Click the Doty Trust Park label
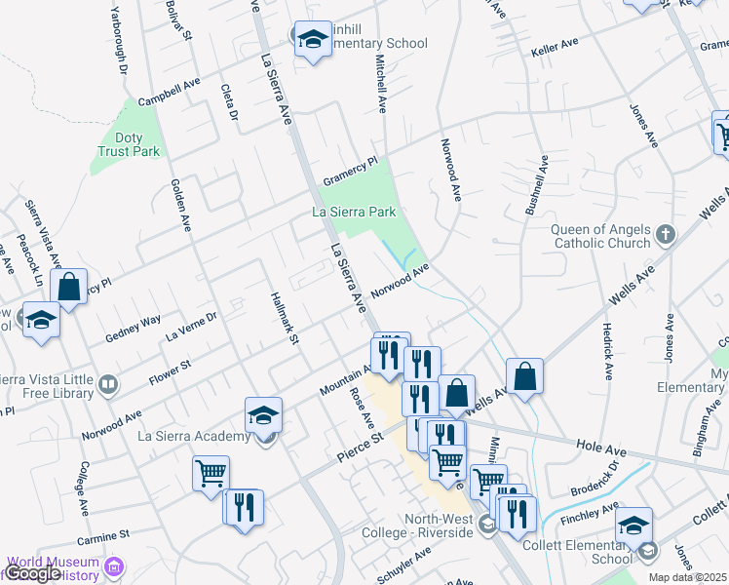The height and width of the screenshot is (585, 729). click(x=129, y=145)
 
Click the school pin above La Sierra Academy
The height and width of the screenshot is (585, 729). click(x=263, y=416)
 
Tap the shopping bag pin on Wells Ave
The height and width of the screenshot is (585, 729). click(x=524, y=375)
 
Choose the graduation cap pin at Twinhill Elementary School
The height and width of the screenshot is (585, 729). click(x=312, y=39)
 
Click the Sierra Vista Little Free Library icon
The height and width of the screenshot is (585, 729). click(x=107, y=386)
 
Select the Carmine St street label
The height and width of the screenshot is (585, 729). click(x=102, y=535)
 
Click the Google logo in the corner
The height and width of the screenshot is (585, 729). click(x=33, y=573)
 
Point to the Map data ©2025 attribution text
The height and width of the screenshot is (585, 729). click(x=687, y=577)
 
